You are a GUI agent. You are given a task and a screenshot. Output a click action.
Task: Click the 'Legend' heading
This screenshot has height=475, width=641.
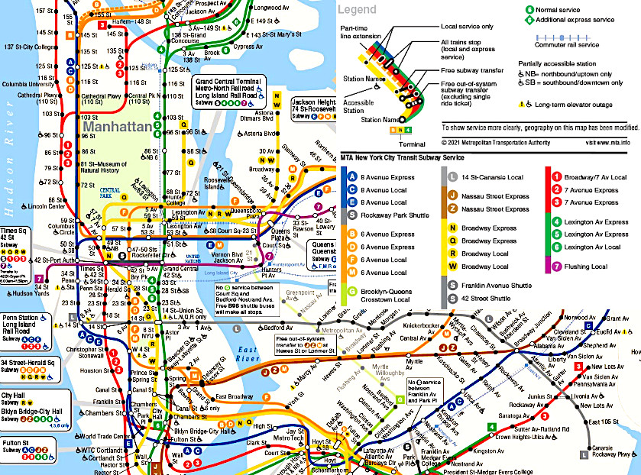[x=358, y=10]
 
